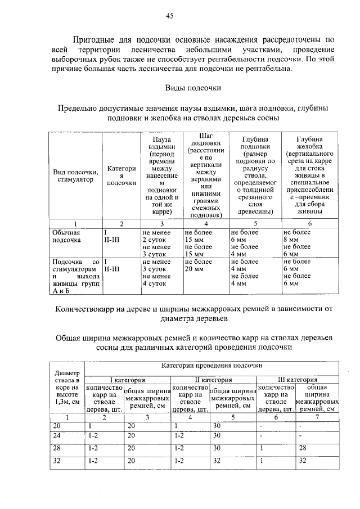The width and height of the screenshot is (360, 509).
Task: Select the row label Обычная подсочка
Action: [67, 236]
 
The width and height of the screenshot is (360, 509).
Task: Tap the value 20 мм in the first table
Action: [195, 269]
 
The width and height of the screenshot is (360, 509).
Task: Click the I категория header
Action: [127, 380]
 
